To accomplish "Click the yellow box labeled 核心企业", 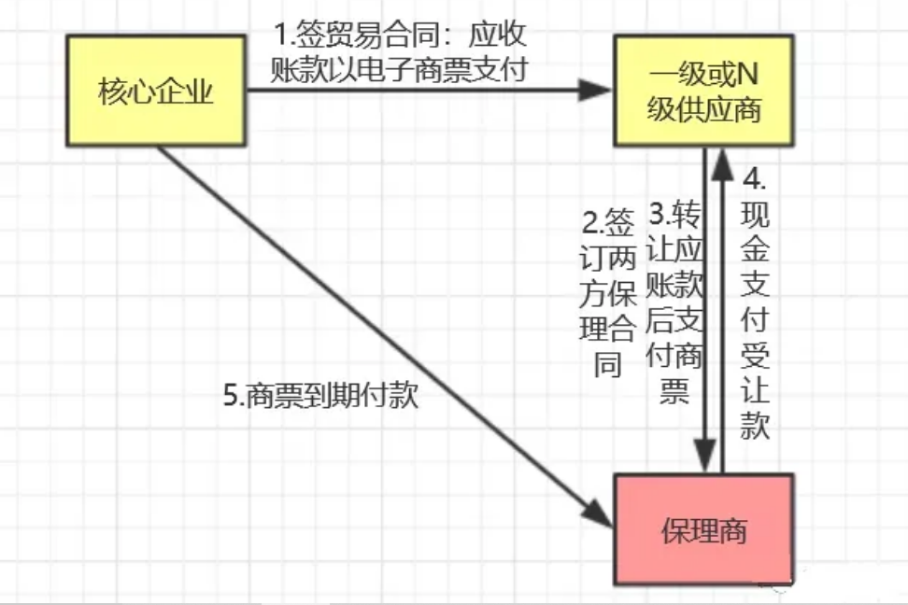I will click(154, 91).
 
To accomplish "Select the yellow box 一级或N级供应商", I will click(703, 91).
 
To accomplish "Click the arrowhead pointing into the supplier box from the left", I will click(595, 91).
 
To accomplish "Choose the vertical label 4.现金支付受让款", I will click(754, 304).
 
